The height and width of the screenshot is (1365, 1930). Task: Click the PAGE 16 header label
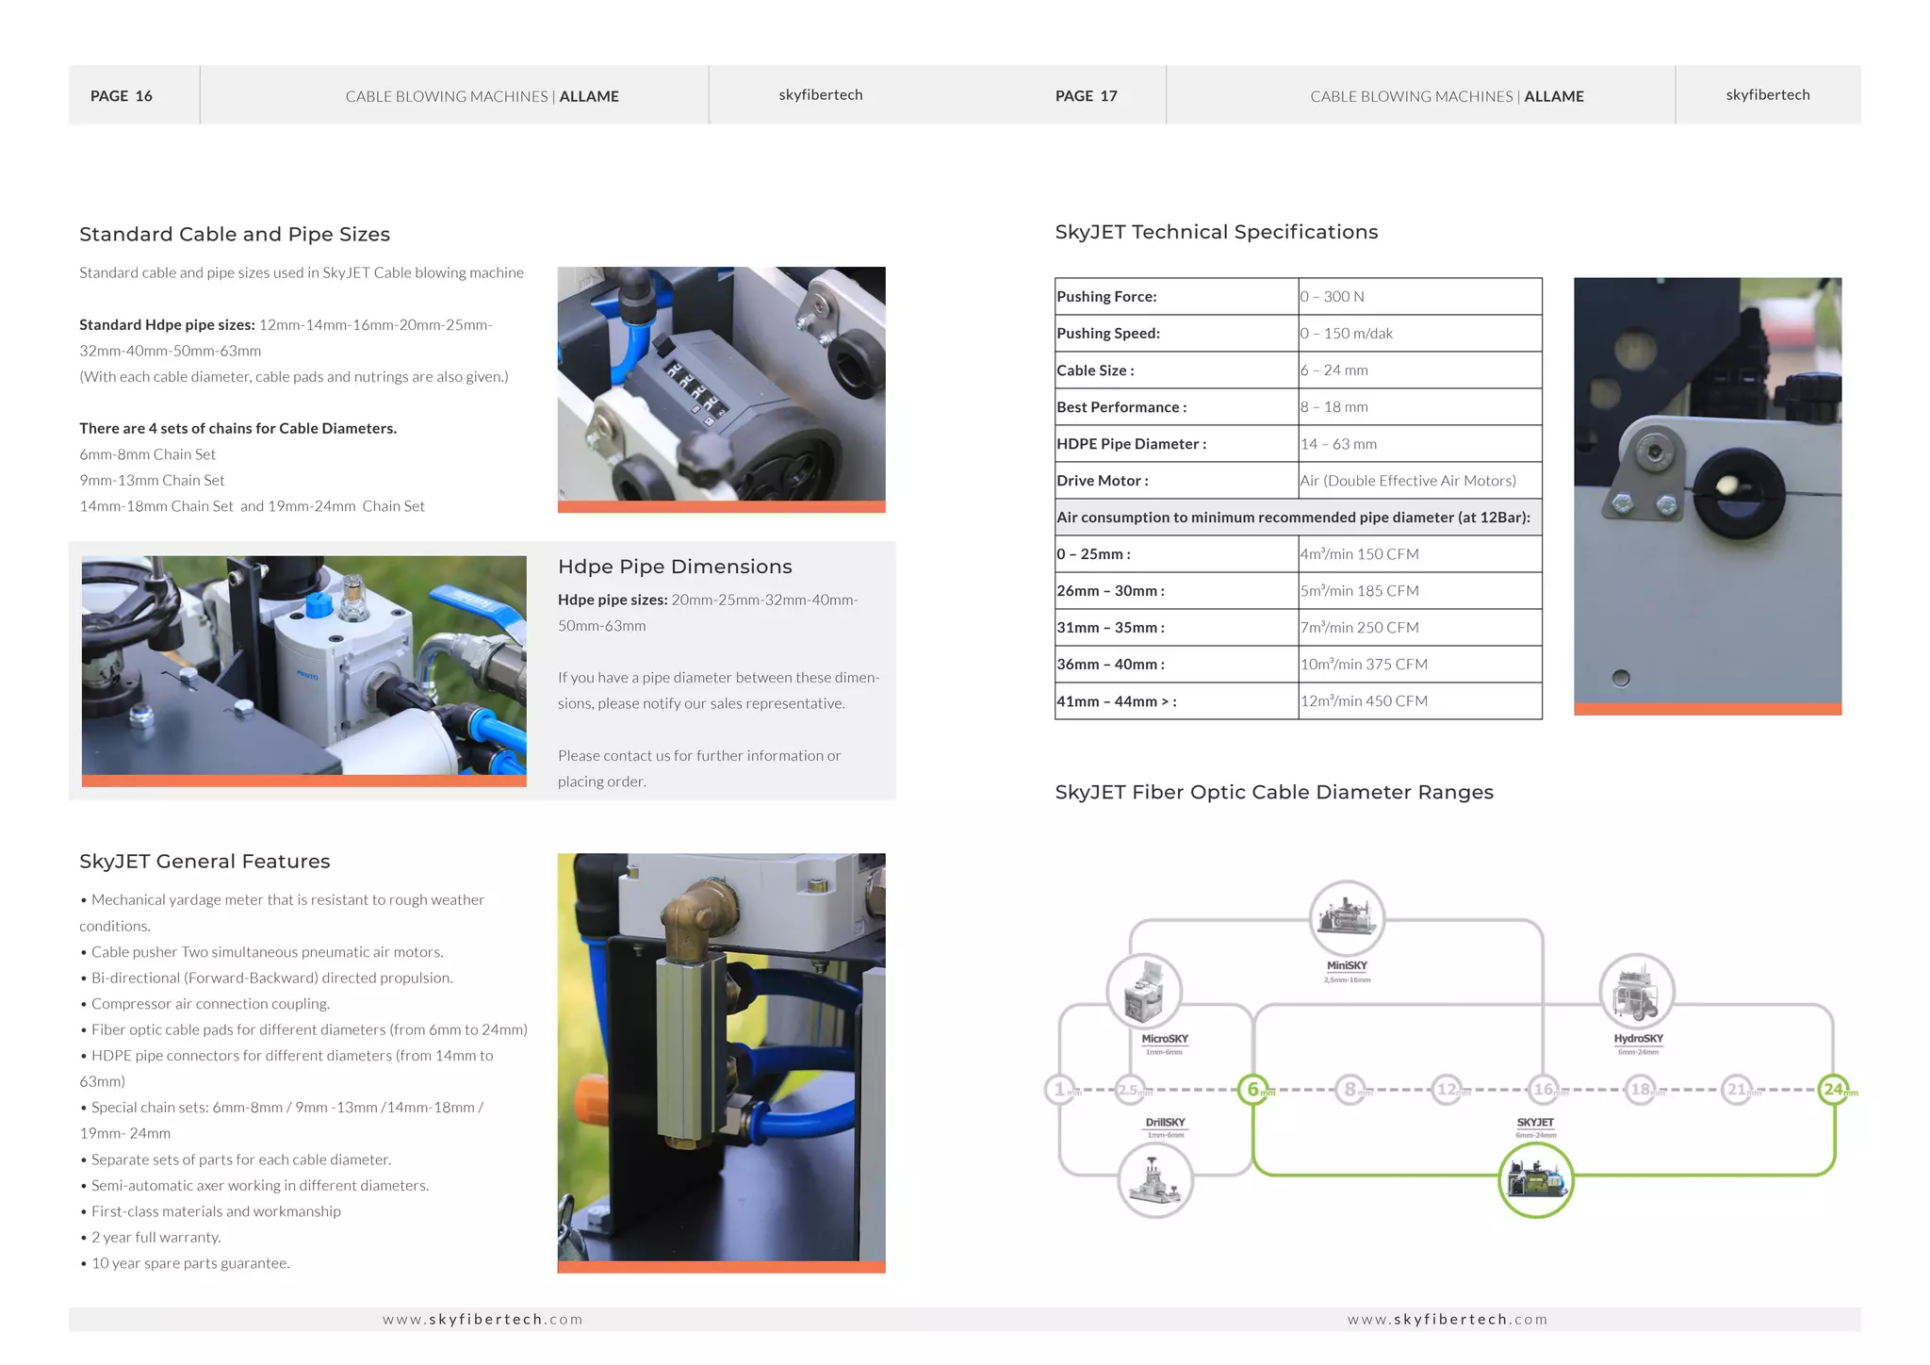click(x=121, y=96)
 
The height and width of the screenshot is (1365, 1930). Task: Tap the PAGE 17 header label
click(x=1086, y=96)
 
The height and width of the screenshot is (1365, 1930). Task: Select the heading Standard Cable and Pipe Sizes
click(x=235, y=235)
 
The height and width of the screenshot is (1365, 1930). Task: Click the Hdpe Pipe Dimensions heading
click(x=675, y=567)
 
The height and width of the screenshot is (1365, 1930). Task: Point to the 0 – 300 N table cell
click(x=1333, y=297)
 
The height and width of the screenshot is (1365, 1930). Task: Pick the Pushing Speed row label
click(x=1108, y=334)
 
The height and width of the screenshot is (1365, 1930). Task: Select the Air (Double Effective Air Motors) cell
click(x=1408, y=481)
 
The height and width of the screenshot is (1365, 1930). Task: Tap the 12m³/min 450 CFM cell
click(x=1364, y=701)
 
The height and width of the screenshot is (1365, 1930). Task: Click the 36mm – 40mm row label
click(x=1110, y=665)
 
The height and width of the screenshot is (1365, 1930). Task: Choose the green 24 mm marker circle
click(x=1834, y=1090)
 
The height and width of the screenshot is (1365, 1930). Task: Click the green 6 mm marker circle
click(x=1253, y=1090)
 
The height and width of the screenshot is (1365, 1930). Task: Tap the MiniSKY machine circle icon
click(x=1347, y=917)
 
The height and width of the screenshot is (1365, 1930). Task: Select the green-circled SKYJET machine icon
click(x=1535, y=1180)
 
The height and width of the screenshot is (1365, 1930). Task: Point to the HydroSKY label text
click(x=1638, y=1039)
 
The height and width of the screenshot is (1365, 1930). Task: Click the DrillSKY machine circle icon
click(x=1155, y=1181)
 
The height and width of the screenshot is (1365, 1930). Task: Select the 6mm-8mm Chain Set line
click(x=148, y=454)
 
